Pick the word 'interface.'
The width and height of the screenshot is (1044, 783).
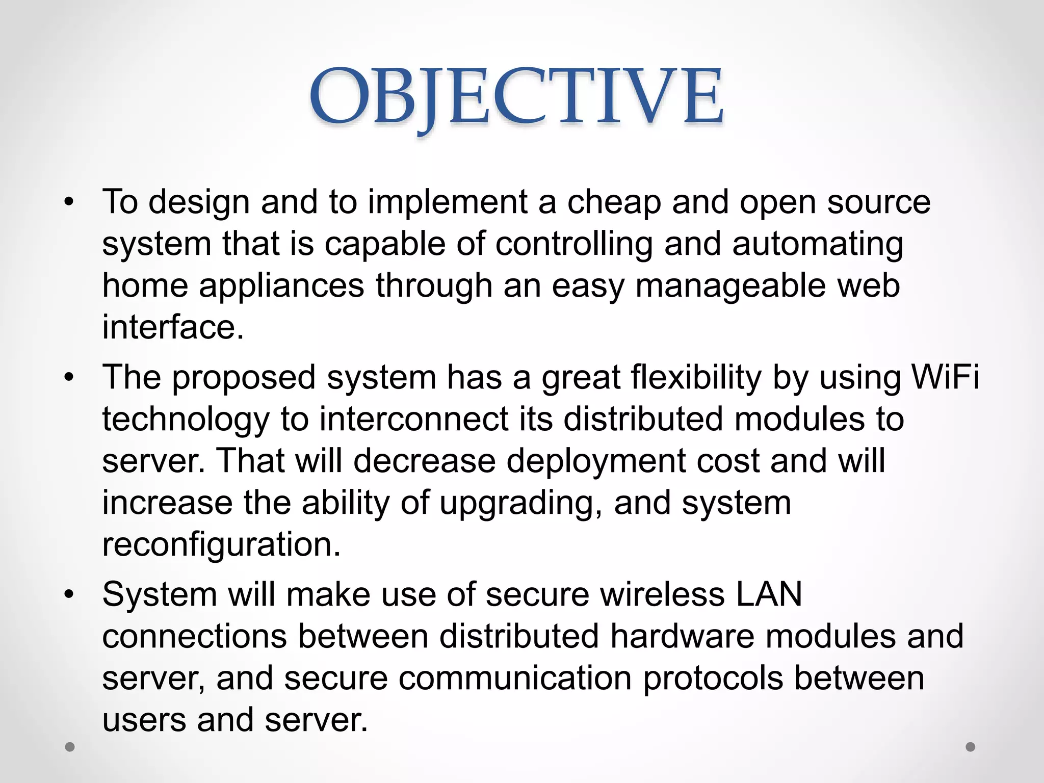click(x=173, y=327)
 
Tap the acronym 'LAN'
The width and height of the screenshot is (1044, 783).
click(x=769, y=595)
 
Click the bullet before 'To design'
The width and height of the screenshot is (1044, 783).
click(x=69, y=203)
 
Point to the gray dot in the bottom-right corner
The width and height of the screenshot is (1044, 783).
click(x=971, y=747)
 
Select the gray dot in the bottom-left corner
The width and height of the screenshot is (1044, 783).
click(x=70, y=747)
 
